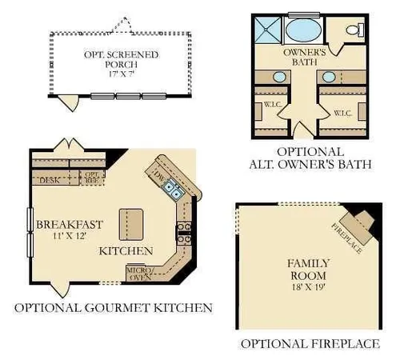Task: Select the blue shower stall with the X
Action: pos(266,30)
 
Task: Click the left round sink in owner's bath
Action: pos(279,77)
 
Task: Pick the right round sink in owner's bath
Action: pos(328,77)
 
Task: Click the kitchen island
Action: pos(130,223)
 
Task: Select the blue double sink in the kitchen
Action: pos(172,190)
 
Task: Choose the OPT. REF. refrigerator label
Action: pos(94,177)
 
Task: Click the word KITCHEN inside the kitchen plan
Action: pos(126,251)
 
